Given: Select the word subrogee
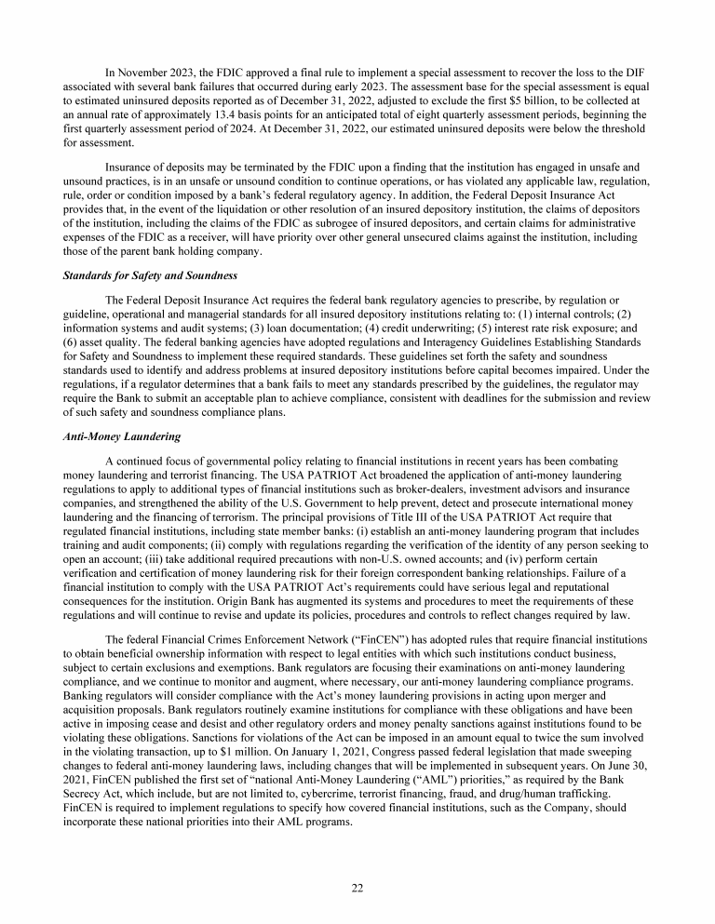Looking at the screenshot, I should [410, 223].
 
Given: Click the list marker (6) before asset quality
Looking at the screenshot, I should [73, 342].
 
